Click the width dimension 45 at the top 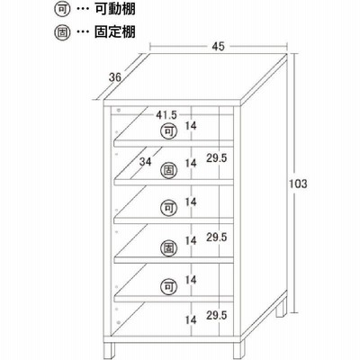219,46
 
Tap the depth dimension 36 115,77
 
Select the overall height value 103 298,184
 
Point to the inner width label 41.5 166,114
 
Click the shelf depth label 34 145,162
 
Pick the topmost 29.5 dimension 216,157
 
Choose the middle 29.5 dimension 216,237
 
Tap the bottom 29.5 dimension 216,315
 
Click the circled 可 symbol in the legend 62,10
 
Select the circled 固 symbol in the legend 62,32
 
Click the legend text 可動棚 115,9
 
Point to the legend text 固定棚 115,31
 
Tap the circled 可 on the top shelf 169,131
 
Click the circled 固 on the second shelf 169,170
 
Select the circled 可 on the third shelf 169,208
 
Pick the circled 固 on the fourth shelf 169,248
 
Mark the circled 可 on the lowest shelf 169,287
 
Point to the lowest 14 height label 191,320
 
